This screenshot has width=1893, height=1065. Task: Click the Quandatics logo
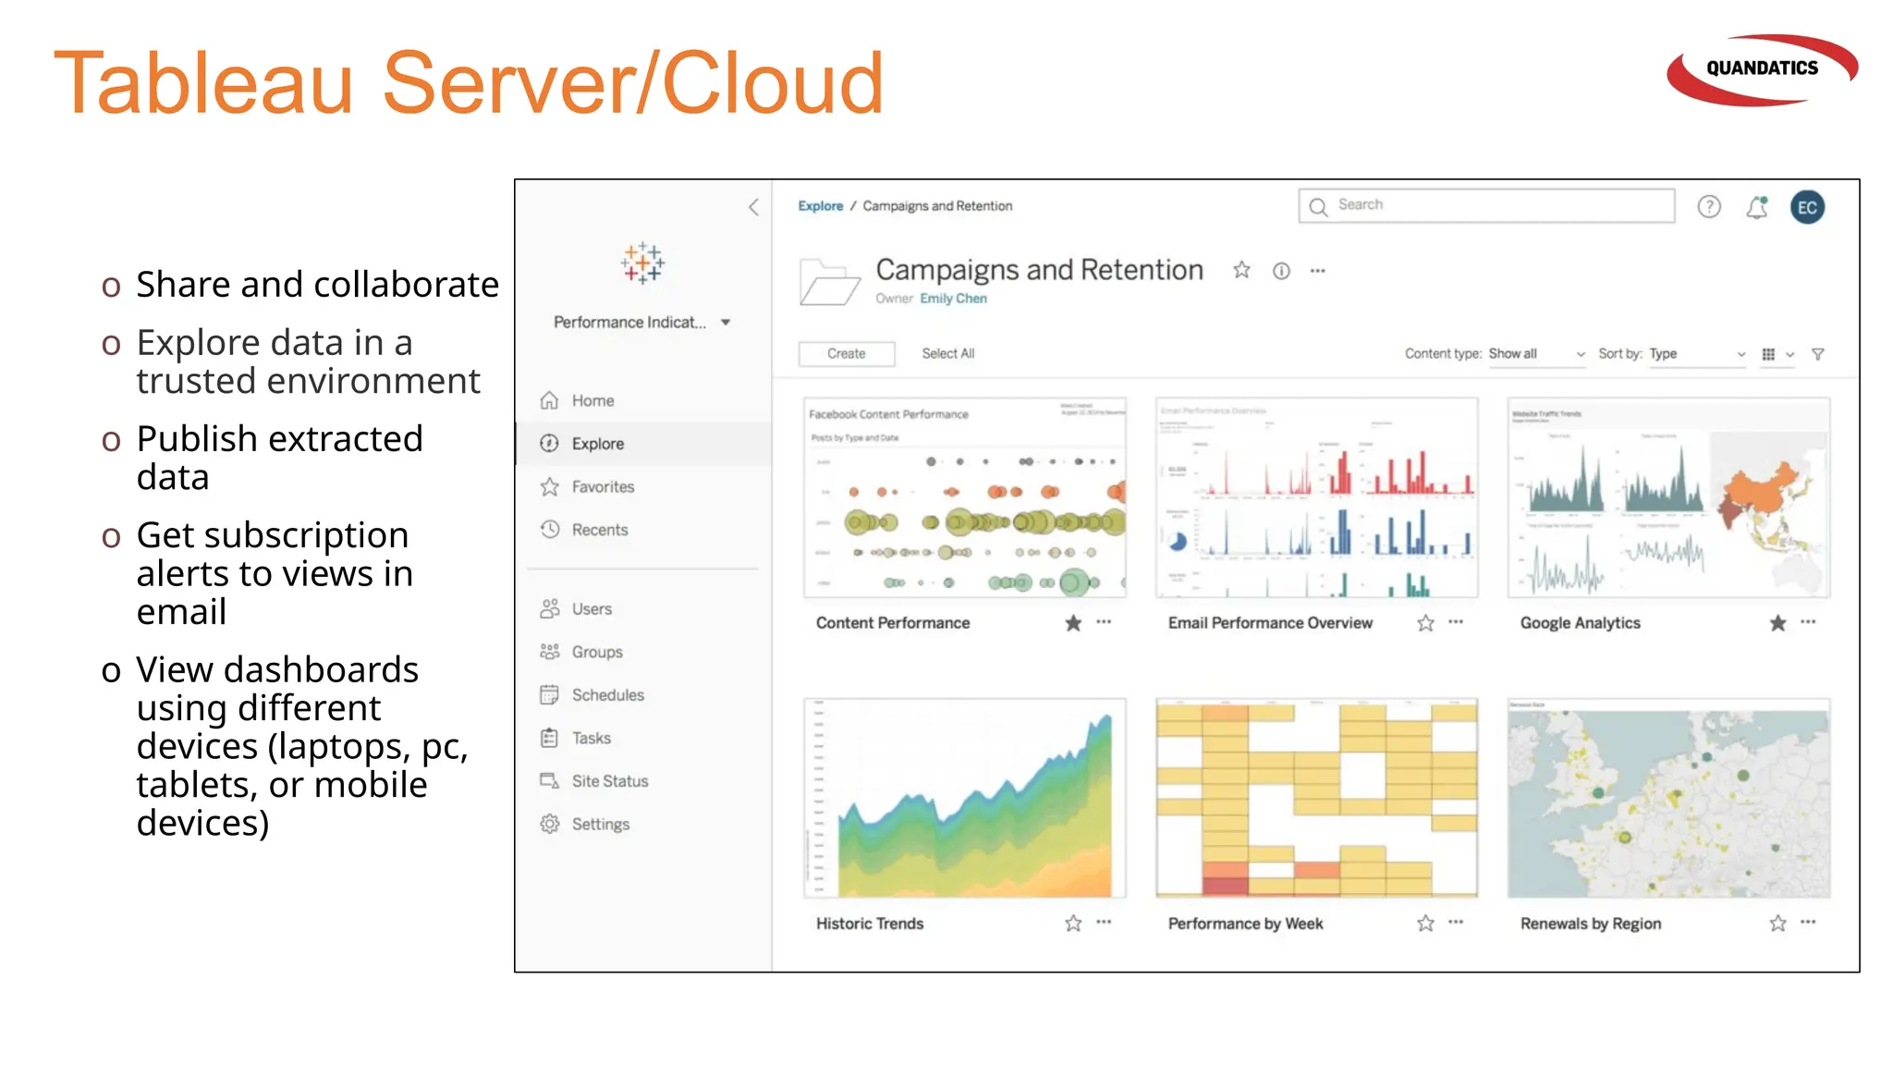1762,69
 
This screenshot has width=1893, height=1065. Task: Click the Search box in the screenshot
1486,205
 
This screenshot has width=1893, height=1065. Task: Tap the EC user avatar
1807,207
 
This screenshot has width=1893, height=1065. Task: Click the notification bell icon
1757,207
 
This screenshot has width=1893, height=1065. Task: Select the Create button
846,353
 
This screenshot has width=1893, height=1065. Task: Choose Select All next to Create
947,353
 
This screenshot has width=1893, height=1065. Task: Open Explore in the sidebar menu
597,444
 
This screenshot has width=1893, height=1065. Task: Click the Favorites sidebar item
603,486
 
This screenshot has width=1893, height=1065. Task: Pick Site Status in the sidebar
609,781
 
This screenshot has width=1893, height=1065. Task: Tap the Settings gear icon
550,824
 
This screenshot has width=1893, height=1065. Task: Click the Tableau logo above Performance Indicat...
642,263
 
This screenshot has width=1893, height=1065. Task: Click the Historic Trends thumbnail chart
965,798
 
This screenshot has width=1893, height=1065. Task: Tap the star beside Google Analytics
1777,623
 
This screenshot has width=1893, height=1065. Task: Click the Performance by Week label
1245,924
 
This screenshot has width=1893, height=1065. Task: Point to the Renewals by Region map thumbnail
1668,798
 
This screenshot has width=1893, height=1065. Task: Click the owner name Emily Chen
953,299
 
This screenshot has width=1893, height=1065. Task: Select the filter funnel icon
1817,354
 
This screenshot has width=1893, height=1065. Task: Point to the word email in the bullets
181,612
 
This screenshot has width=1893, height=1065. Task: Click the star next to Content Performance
1072,623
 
